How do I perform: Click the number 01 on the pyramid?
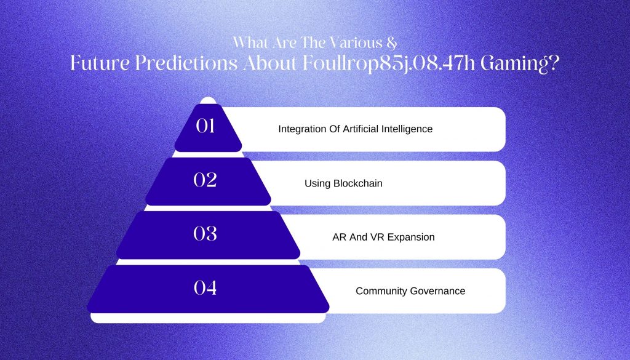coord(205,126)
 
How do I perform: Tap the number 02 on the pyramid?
coord(205,180)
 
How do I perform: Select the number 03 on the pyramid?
coord(205,234)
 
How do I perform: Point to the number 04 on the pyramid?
coord(205,287)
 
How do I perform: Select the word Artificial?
coord(361,129)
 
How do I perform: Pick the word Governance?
coord(439,291)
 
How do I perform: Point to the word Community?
coord(383,291)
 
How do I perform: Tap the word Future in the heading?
coord(100,63)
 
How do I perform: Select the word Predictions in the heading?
coord(186,63)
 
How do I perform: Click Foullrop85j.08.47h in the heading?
coord(389,64)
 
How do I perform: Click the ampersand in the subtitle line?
coord(393,42)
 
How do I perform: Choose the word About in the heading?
coord(270,63)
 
